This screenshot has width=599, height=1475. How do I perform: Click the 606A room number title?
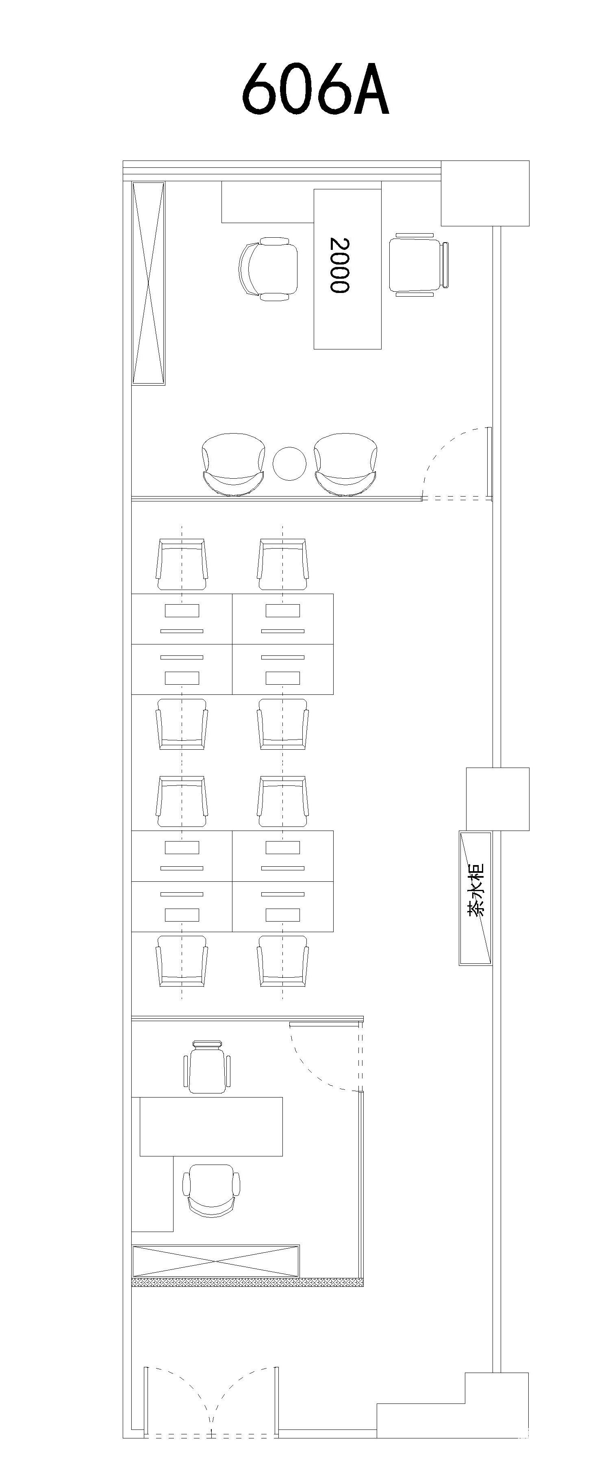point(315,88)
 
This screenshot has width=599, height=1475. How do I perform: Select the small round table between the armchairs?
point(290,464)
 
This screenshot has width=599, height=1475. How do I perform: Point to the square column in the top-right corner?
point(485,193)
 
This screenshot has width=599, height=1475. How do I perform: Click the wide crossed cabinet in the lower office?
point(215,1261)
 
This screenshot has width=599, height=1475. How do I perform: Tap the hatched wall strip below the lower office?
point(247,1283)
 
